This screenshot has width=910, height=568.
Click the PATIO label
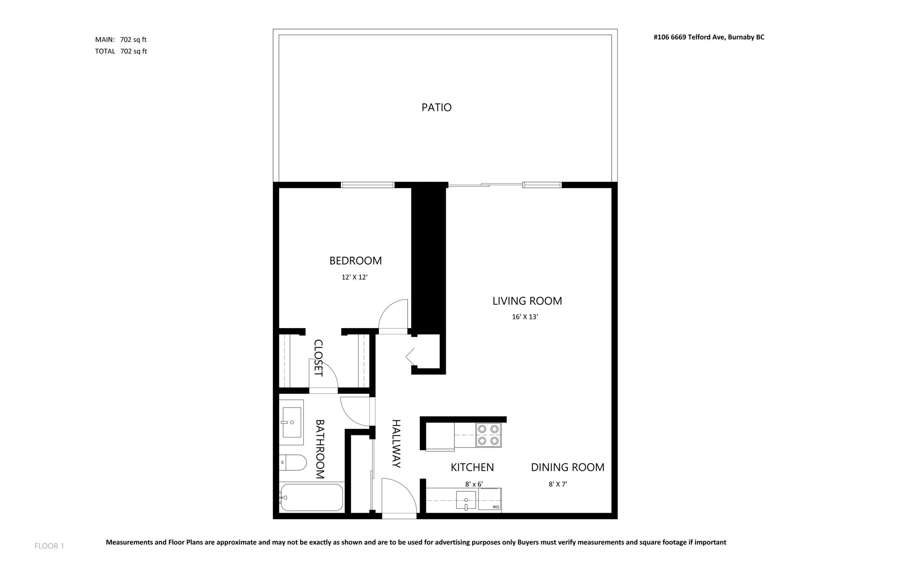click(x=436, y=107)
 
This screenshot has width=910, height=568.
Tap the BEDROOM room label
click(x=356, y=261)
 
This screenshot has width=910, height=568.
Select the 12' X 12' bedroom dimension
click(x=354, y=277)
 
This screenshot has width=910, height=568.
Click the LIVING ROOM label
click(x=527, y=301)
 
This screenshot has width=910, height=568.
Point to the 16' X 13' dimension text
click(x=525, y=317)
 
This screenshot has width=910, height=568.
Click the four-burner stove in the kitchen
click(x=488, y=435)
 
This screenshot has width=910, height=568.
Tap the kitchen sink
click(x=466, y=500)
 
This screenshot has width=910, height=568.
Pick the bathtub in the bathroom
click(x=312, y=497)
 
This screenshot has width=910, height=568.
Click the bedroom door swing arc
click(x=393, y=316)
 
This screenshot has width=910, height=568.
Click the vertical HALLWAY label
click(x=396, y=444)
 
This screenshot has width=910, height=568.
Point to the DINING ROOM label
click(x=567, y=467)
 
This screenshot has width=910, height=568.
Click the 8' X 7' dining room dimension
click(x=558, y=484)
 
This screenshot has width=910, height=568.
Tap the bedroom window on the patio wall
click(x=367, y=185)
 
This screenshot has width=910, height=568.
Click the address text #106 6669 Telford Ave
click(x=709, y=37)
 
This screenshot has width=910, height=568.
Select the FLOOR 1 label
click(x=49, y=546)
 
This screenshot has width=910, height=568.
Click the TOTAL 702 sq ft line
click(x=121, y=52)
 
